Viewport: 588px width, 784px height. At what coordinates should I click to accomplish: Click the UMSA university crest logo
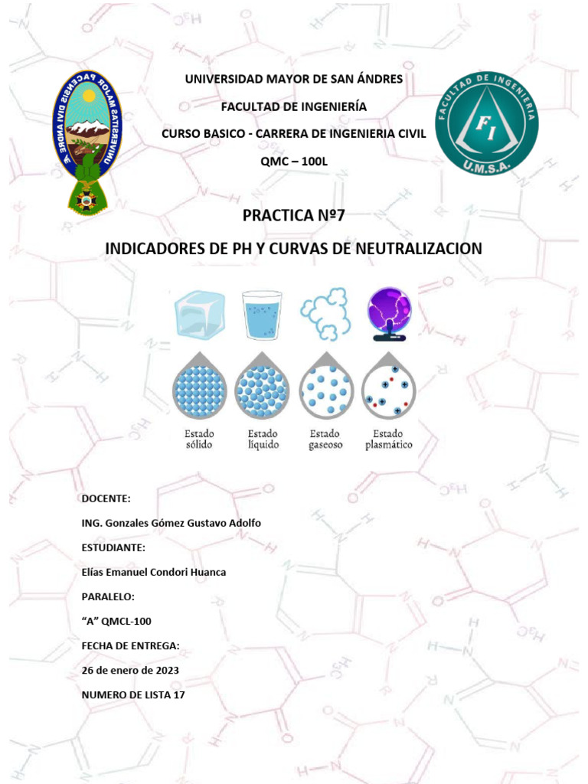coord(86,141)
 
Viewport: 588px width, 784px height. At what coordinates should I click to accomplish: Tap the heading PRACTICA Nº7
coord(294,215)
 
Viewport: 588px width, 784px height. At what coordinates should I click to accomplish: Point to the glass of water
coord(262,315)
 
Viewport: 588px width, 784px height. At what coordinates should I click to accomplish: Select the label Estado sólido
coord(199,439)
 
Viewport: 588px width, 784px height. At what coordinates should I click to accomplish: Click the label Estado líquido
coord(262,439)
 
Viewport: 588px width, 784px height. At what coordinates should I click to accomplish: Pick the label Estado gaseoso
coord(325,439)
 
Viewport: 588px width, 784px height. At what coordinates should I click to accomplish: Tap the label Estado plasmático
coord(389,439)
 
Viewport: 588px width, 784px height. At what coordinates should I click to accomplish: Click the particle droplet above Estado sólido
coord(199,387)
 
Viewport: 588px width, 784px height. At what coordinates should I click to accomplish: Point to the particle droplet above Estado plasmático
coord(389,387)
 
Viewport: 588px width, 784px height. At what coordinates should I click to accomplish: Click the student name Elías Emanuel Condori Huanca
coord(153,572)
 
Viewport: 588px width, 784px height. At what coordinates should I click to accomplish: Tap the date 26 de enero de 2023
coord(130,670)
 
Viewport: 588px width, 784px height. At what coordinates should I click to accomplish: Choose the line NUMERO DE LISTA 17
coord(132,694)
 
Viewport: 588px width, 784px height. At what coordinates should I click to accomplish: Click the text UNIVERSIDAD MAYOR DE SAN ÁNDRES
coord(294,80)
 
